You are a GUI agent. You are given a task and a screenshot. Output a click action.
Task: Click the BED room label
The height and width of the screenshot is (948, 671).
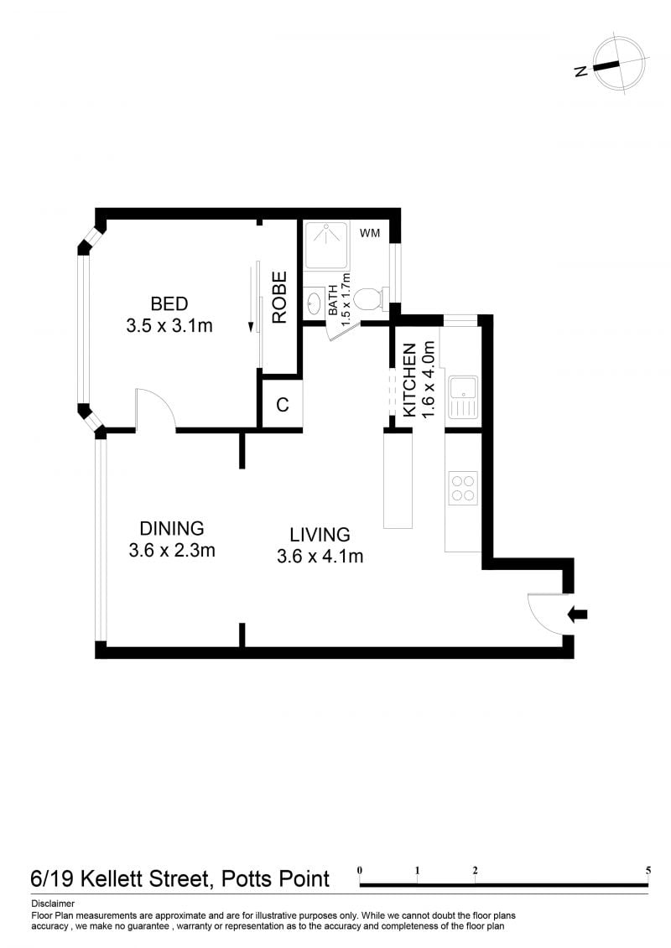169,303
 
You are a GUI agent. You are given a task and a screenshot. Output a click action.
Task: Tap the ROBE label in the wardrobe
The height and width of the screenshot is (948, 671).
279,298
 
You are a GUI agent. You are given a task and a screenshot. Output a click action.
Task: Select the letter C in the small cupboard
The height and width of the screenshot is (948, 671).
282,405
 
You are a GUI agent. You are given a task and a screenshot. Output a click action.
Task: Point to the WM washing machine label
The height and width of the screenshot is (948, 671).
370,233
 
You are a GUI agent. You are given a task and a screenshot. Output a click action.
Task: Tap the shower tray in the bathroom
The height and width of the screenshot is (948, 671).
326,245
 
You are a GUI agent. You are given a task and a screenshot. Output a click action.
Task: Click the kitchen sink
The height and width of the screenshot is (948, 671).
463,397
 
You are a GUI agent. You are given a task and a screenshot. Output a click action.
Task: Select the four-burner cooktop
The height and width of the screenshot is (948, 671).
464,488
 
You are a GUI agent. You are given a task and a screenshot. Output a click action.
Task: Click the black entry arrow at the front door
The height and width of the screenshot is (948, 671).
578,615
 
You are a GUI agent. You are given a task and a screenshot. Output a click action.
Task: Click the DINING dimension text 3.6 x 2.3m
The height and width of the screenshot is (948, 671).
172,550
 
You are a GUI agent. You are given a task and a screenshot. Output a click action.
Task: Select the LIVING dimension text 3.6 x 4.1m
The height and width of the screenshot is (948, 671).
320,557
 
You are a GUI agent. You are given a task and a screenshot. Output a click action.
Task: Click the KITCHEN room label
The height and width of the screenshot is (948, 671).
409,380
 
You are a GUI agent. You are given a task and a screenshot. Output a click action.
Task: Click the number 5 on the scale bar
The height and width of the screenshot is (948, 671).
648,871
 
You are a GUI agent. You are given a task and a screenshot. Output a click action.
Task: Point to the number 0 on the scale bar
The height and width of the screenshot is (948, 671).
360,871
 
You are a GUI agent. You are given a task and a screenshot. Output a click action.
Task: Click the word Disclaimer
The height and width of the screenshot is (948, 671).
53,904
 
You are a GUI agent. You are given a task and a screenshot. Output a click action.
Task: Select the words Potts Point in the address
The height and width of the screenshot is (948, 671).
275,878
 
